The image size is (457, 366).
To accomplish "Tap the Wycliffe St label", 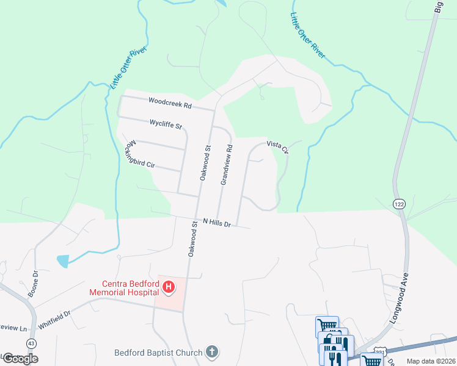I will (x=166, y=124).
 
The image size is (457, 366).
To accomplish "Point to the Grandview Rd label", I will (x=226, y=165).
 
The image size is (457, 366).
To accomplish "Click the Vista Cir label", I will (x=277, y=146).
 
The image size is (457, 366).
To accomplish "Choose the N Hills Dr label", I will (x=216, y=223).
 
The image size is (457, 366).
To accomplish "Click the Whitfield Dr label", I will (x=54, y=320).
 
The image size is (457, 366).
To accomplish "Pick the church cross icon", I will (x=212, y=351).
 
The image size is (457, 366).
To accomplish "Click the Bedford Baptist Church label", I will (x=158, y=352).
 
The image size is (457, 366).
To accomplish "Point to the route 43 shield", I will (x=31, y=343).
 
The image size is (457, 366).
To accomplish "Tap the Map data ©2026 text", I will (x=431, y=361).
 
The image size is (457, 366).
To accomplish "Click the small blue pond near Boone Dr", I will (x=63, y=261).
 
